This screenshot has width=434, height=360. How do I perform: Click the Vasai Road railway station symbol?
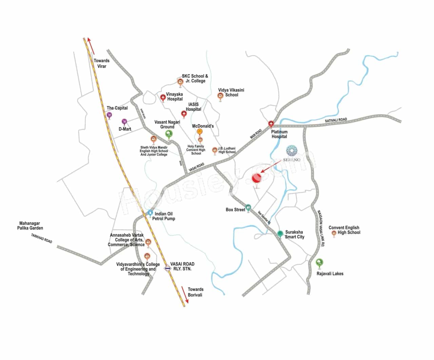point(167,268)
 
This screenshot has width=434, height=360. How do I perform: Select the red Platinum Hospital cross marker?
point(271,124)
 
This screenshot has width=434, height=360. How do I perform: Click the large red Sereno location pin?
point(257,178)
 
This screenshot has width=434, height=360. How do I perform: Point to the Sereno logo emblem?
point(292,151)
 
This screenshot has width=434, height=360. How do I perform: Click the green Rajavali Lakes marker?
point(319,262)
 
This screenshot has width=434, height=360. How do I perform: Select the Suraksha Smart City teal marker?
point(280,233)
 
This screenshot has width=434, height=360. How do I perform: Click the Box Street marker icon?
point(249,207)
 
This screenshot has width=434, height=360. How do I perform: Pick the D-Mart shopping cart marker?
point(124,121)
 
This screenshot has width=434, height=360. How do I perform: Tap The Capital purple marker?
point(109,115)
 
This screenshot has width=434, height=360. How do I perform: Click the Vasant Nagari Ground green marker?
point(169,134)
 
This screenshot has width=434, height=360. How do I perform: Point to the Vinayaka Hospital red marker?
point(163,98)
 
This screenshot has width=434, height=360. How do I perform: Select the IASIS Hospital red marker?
point(184,114)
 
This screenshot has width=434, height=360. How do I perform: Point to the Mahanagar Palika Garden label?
point(30,226)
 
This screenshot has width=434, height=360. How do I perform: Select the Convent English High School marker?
point(334,233)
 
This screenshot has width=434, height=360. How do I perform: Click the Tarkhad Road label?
point(42,238)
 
